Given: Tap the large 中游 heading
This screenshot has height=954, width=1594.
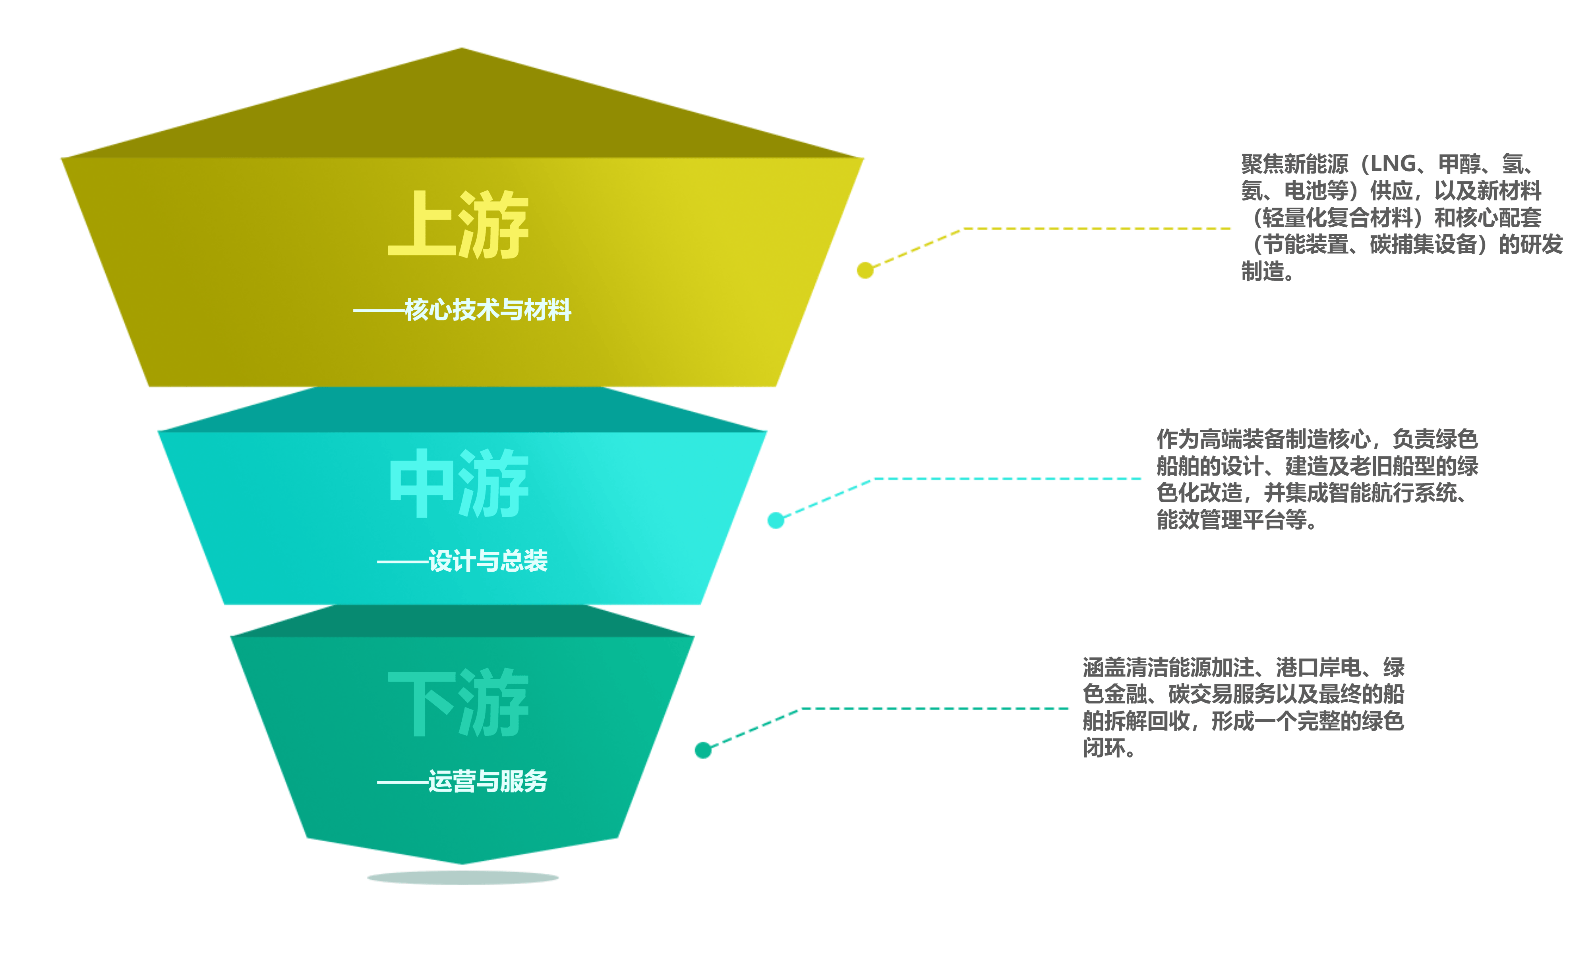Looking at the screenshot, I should pos(458,484).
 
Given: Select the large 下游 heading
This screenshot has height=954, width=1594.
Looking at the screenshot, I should pos(458,703).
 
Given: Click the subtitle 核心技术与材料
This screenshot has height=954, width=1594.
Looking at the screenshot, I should pos(487,310).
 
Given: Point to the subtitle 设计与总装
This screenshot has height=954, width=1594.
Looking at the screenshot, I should pos(487,561).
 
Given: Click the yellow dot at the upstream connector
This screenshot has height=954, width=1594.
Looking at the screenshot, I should pos(865,270).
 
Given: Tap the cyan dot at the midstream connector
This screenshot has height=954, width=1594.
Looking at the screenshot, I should pos(776,520).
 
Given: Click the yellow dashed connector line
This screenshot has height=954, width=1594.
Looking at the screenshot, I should pos(1093,228).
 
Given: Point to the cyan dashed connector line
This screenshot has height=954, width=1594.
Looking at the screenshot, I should pos(1004,478).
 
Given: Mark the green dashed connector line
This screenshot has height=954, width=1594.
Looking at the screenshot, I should pos(933,708).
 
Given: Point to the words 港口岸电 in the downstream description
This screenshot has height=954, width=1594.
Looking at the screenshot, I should pos(1319,668).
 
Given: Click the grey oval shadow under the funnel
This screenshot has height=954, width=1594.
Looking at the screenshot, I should pos(462,877).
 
